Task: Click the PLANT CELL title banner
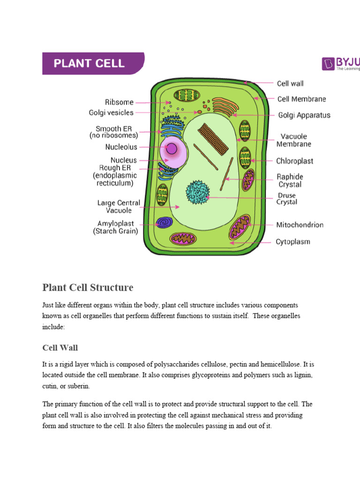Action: click(91, 63)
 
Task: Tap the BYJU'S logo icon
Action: click(328, 63)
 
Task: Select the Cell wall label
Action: click(290, 83)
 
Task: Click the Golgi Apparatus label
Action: click(304, 115)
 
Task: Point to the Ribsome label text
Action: click(119, 102)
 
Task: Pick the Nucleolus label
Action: click(121, 147)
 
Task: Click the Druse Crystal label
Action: click(287, 198)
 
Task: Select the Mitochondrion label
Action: click(300, 225)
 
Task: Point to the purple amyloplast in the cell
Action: click(164, 223)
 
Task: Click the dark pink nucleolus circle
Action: click(172, 149)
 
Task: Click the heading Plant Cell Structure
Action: click(88, 287)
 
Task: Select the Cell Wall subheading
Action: click(60, 348)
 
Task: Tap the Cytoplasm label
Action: click(292, 242)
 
